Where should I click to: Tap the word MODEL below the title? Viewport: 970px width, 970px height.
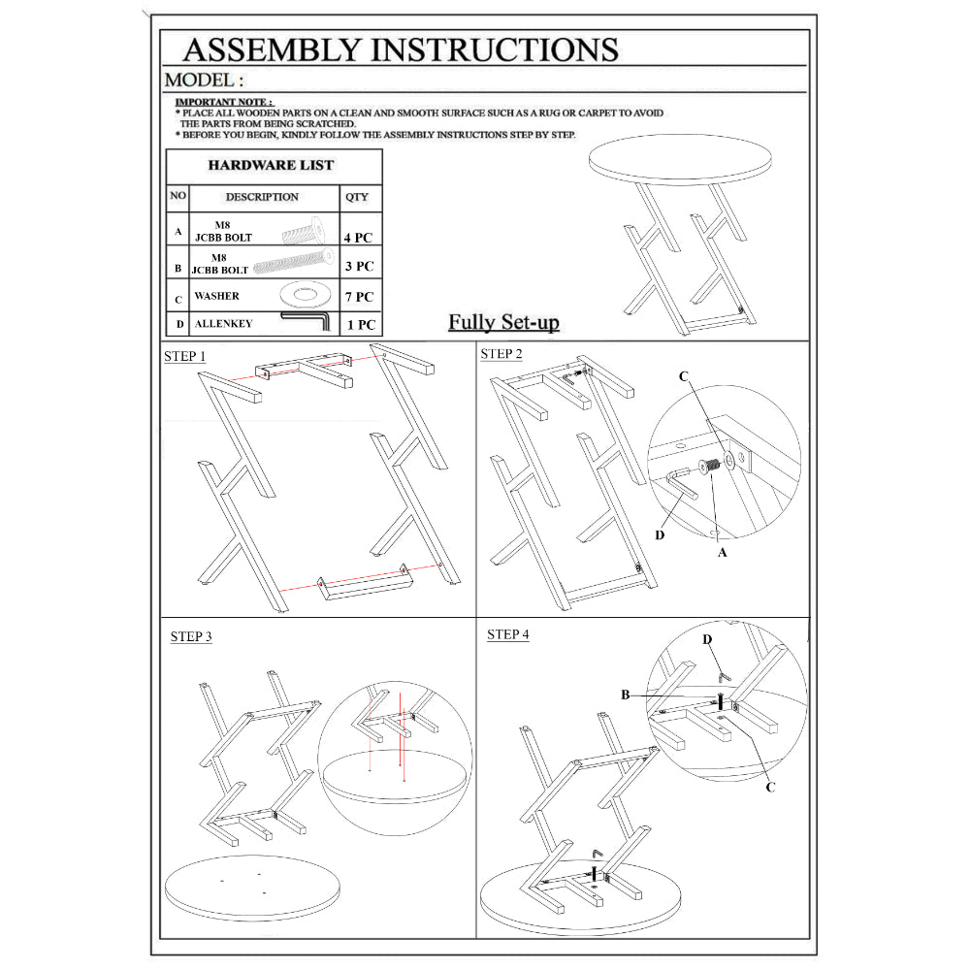coord(203,80)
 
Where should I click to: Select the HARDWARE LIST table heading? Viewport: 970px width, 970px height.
coord(271,165)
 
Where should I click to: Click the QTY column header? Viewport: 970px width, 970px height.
coord(357,197)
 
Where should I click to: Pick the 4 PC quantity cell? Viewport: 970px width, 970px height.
coord(358,237)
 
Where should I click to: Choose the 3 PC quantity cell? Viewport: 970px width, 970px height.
coord(358,266)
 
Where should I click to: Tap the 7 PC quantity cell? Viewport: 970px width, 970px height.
coord(358,297)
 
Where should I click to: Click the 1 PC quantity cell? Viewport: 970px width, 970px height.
coord(360,325)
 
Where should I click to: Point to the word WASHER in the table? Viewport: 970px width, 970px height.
coord(217,296)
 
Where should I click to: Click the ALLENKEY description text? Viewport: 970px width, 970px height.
coord(223,324)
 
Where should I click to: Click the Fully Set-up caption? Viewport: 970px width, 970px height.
coord(503,322)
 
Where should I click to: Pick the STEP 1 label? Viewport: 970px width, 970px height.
coord(184,356)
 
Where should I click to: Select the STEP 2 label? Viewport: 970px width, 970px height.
coord(501,354)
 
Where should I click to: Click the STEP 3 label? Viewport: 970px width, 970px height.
coord(191,636)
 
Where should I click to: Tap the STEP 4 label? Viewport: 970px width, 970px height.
coord(508,634)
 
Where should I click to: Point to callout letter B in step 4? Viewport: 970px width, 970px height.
coord(627,695)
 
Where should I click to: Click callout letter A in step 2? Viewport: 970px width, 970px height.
coord(721,553)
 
